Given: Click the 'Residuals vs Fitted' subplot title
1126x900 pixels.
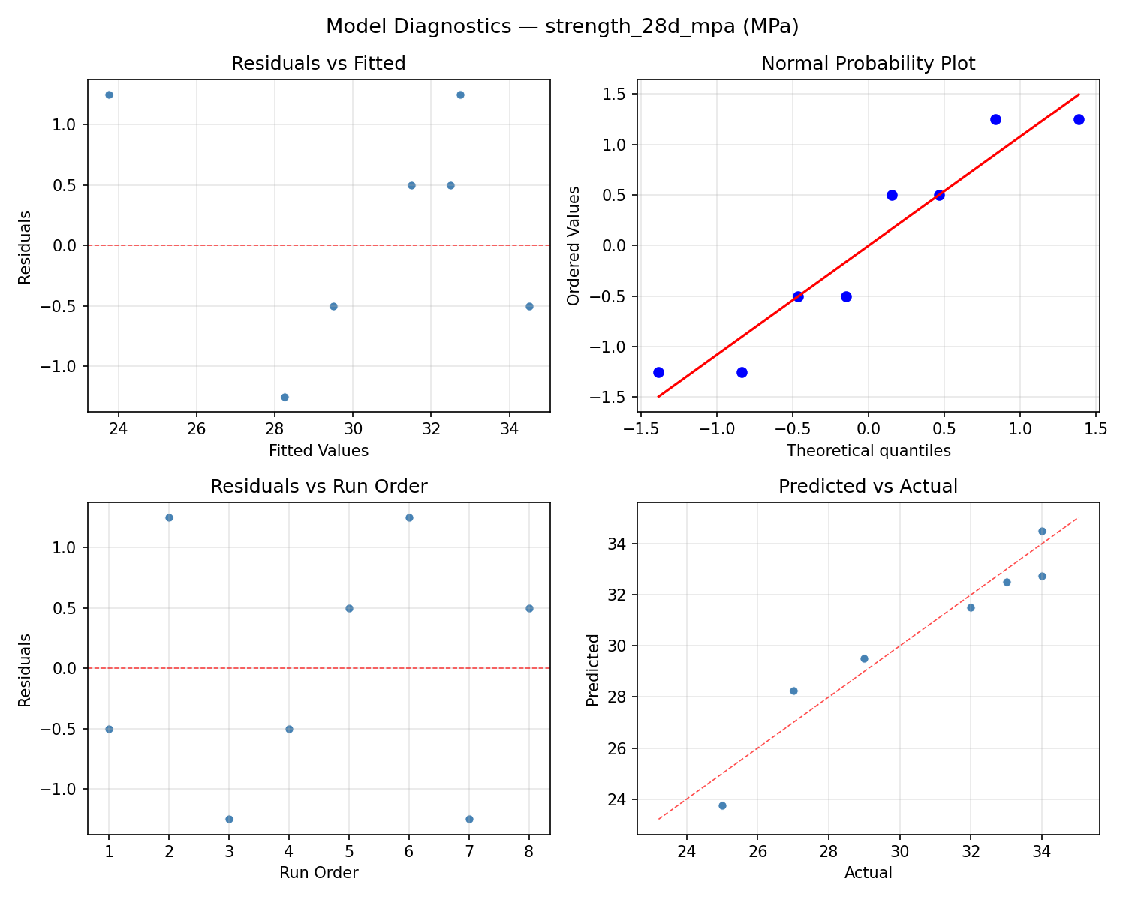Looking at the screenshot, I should (x=318, y=64).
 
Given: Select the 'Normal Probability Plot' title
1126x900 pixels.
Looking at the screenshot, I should (x=868, y=64).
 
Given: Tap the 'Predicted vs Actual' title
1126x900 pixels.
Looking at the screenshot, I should (x=868, y=487).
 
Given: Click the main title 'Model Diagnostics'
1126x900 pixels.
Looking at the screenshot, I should (x=562, y=27).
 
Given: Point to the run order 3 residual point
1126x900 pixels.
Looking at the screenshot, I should (x=229, y=819).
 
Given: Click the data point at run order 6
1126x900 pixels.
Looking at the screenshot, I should (x=409, y=517).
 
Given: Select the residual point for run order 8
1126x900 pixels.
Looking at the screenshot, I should (x=529, y=608).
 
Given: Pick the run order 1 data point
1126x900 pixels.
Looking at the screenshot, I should (x=109, y=729).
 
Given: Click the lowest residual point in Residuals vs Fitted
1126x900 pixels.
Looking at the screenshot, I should (x=285, y=397).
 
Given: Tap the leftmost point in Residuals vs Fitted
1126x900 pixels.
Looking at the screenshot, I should (x=109, y=94).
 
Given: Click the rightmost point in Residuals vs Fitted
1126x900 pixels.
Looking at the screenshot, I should (x=529, y=306).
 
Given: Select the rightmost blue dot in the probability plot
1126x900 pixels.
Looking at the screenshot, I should (x=1079, y=119).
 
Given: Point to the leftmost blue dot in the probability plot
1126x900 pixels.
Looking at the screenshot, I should (x=658, y=372).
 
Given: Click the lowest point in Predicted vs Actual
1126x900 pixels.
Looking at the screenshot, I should (x=722, y=805).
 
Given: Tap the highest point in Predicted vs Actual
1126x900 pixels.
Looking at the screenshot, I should (x=1042, y=531).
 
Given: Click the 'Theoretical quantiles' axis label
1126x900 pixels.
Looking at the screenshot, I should (x=868, y=451).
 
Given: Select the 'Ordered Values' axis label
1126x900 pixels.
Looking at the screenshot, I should (x=574, y=246).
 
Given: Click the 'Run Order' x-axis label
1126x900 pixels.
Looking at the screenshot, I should (x=318, y=873).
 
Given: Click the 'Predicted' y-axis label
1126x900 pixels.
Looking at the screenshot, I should (x=593, y=670).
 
